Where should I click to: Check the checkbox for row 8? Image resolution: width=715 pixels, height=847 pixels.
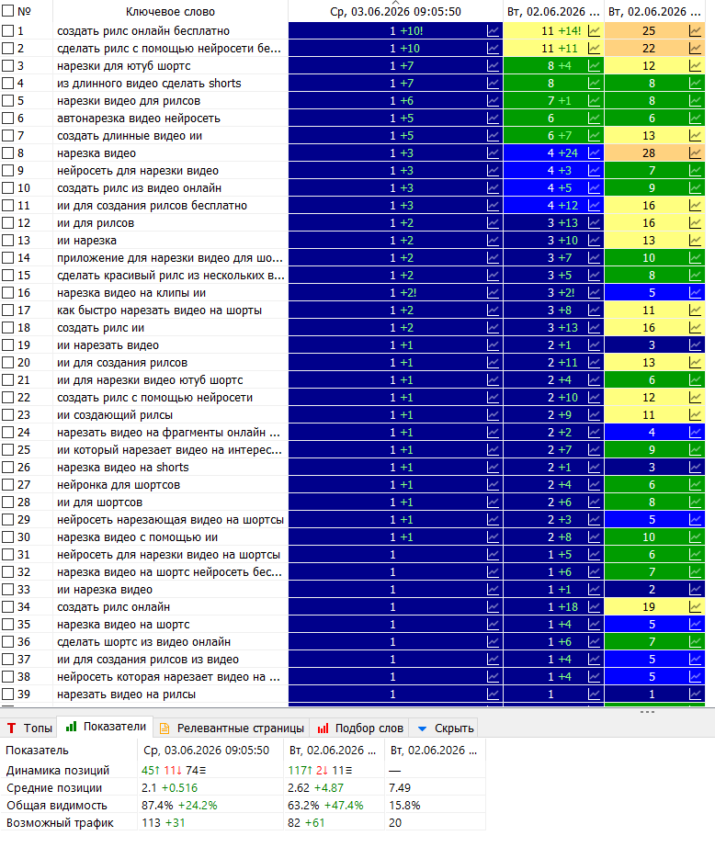tap(7, 152)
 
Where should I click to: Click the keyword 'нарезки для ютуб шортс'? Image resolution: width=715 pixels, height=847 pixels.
tap(124, 66)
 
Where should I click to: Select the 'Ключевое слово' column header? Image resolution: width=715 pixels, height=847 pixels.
tap(170, 11)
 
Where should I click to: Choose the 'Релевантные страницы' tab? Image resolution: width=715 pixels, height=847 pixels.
tap(232, 728)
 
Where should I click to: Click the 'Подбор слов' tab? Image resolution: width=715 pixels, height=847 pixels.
tap(360, 728)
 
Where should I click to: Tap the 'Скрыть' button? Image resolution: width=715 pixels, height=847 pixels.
tap(446, 728)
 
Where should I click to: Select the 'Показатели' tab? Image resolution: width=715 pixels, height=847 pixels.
tap(106, 727)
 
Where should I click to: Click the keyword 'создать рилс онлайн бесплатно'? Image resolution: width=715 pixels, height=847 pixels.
tap(143, 31)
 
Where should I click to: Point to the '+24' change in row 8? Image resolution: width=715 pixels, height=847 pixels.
tap(568, 152)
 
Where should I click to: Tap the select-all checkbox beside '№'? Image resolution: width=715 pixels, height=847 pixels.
tap(7, 11)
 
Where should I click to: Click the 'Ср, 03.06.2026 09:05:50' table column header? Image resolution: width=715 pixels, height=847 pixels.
tap(395, 11)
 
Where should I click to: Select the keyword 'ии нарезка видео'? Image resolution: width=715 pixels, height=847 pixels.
tap(105, 590)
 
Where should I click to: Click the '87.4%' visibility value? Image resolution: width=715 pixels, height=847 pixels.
tap(157, 806)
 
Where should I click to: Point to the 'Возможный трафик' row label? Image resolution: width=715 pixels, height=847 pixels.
tap(60, 823)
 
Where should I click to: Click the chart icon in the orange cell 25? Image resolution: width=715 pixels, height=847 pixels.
tap(695, 31)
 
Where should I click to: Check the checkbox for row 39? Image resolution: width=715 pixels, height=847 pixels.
tap(7, 695)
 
